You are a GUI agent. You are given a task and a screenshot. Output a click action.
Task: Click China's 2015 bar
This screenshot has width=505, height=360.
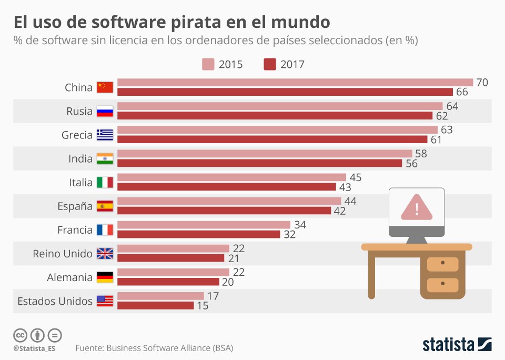pyautogui.click(x=295, y=82)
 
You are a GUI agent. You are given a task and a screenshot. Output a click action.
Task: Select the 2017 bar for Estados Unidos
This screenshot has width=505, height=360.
pyautogui.click(x=155, y=305)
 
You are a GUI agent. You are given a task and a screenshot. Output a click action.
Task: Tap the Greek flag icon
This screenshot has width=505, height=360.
pyautogui.click(x=105, y=135)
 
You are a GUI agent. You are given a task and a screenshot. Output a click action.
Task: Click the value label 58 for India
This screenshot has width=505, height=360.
pyautogui.click(x=421, y=154)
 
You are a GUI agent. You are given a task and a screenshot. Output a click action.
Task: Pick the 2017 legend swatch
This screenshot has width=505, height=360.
pyautogui.click(x=270, y=64)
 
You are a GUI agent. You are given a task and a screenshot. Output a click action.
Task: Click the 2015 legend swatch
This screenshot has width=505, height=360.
pyautogui.click(x=208, y=64)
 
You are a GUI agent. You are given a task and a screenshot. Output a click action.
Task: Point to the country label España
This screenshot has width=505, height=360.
pyautogui.click(x=75, y=206)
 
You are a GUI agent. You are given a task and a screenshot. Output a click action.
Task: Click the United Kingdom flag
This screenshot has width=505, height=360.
pyautogui.click(x=105, y=254)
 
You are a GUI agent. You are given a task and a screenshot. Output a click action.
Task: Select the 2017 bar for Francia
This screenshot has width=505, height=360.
pyautogui.click(x=198, y=234)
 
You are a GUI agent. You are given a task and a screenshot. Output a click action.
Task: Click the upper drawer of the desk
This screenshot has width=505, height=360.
pyautogui.click(x=442, y=262)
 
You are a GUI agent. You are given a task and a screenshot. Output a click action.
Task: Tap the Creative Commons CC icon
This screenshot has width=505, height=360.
pyautogui.click(x=21, y=335)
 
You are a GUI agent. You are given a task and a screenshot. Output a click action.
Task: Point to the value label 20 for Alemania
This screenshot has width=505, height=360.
pyautogui.click(x=227, y=282)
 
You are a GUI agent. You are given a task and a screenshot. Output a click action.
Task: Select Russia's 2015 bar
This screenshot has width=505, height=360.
pyautogui.click(x=280, y=106)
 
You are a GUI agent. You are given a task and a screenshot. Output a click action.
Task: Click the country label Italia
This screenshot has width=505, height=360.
pyautogui.click(x=80, y=182)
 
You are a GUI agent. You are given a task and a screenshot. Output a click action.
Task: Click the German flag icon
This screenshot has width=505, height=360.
pyautogui.click(x=105, y=277)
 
